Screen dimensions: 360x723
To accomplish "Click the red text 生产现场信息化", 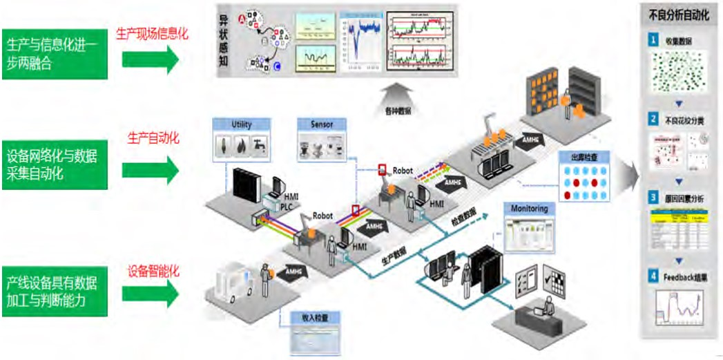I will (152, 32).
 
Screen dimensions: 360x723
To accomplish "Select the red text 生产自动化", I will (153, 138).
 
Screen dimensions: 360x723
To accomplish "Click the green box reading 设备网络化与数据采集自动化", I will (55, 163).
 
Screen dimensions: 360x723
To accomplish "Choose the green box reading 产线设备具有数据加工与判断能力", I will (55, 292).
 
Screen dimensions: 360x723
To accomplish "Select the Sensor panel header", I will (322, 125).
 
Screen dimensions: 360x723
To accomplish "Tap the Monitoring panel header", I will (529, 209).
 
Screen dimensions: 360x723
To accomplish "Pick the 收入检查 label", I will (314, 319).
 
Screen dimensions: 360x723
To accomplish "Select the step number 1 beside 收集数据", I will (652, 41).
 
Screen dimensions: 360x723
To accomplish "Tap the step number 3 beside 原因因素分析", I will (652, 198).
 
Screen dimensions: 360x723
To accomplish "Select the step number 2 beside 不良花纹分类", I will (652, 119).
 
